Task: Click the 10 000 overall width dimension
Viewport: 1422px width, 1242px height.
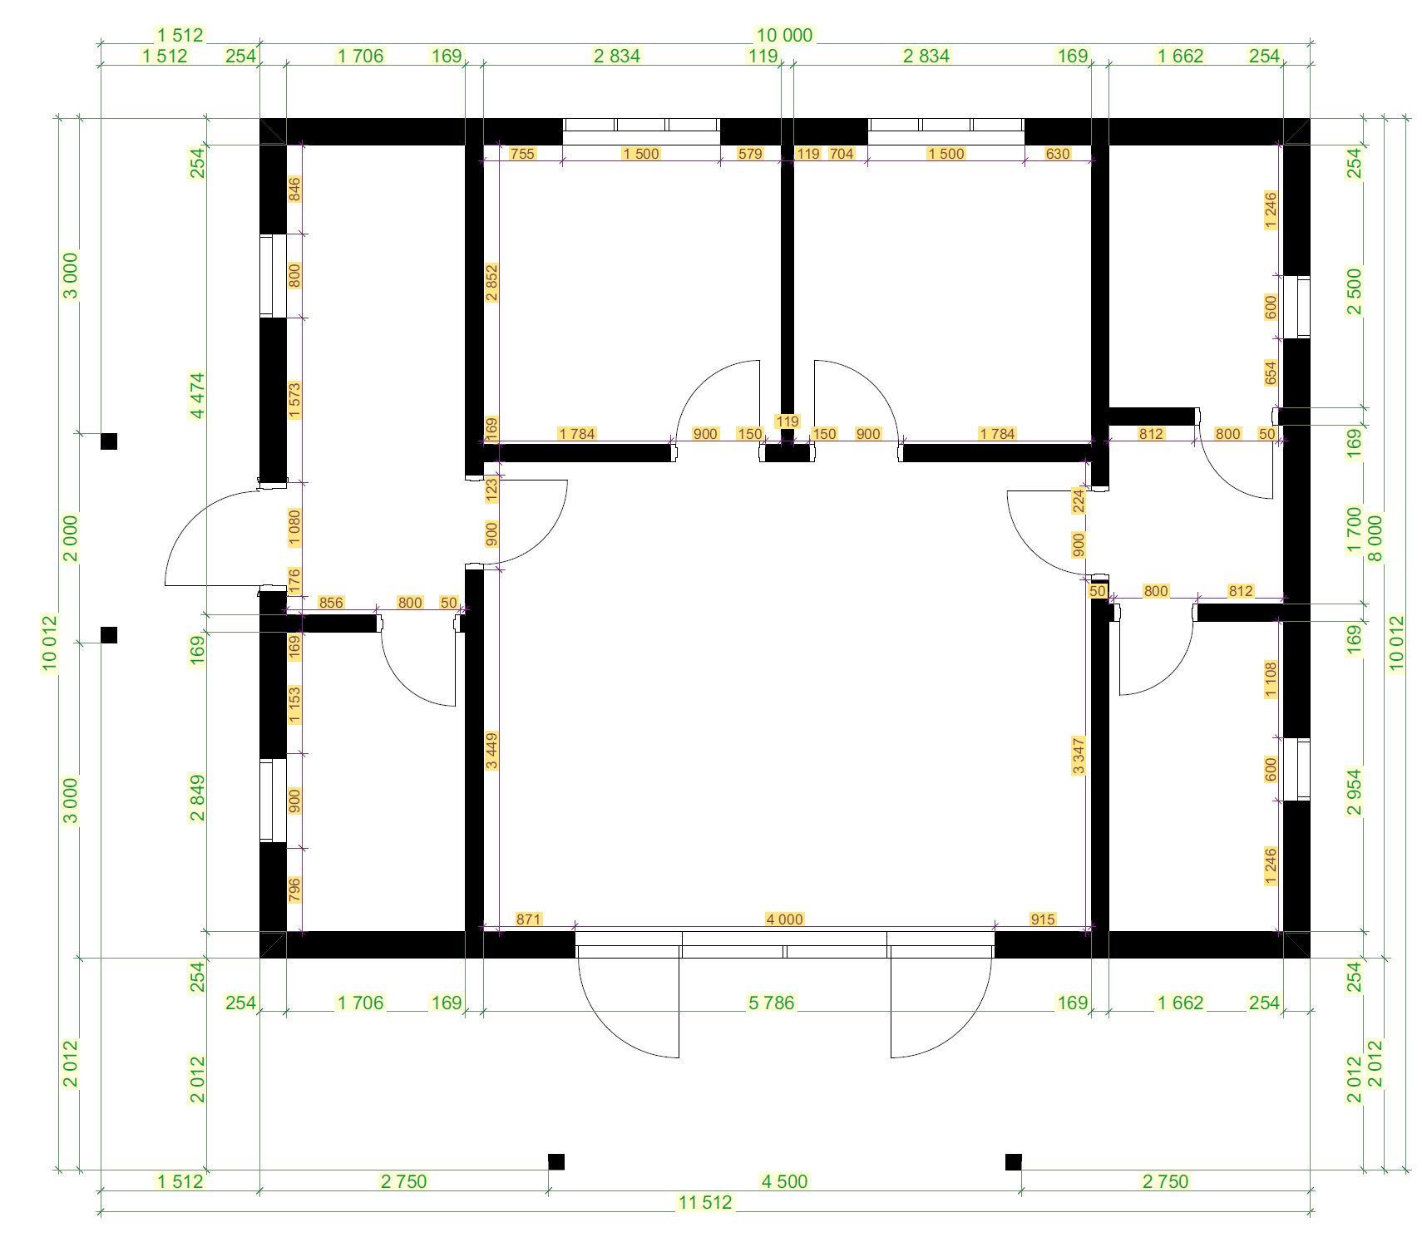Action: click(783, 35)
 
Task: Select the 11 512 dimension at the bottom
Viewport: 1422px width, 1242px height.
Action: click(705, 1202)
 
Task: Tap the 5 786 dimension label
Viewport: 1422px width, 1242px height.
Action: click(771, 1003)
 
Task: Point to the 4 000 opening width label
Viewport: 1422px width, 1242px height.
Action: click(784, 919)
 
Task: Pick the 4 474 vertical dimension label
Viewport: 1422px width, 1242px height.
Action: click(197, 396)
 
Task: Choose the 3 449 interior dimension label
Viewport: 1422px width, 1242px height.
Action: click(491, 751)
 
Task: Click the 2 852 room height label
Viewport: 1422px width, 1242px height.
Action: click(491, 283)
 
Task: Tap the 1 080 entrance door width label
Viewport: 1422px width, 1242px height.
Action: click(294, 527)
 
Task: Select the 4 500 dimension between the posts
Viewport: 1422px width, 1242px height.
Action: click(784, 1180)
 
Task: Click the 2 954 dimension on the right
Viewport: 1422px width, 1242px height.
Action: click(1355, 792)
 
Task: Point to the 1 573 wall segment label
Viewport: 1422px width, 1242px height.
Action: click(294, 400)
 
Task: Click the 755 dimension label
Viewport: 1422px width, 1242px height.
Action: click(522, 153)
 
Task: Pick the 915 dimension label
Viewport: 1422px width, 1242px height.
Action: click(1042, 919)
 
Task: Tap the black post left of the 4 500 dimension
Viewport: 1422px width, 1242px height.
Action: click(556, 1161)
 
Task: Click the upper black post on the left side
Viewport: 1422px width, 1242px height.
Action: click(109, 441)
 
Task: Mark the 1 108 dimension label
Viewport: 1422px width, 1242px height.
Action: click(1270, 679)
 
